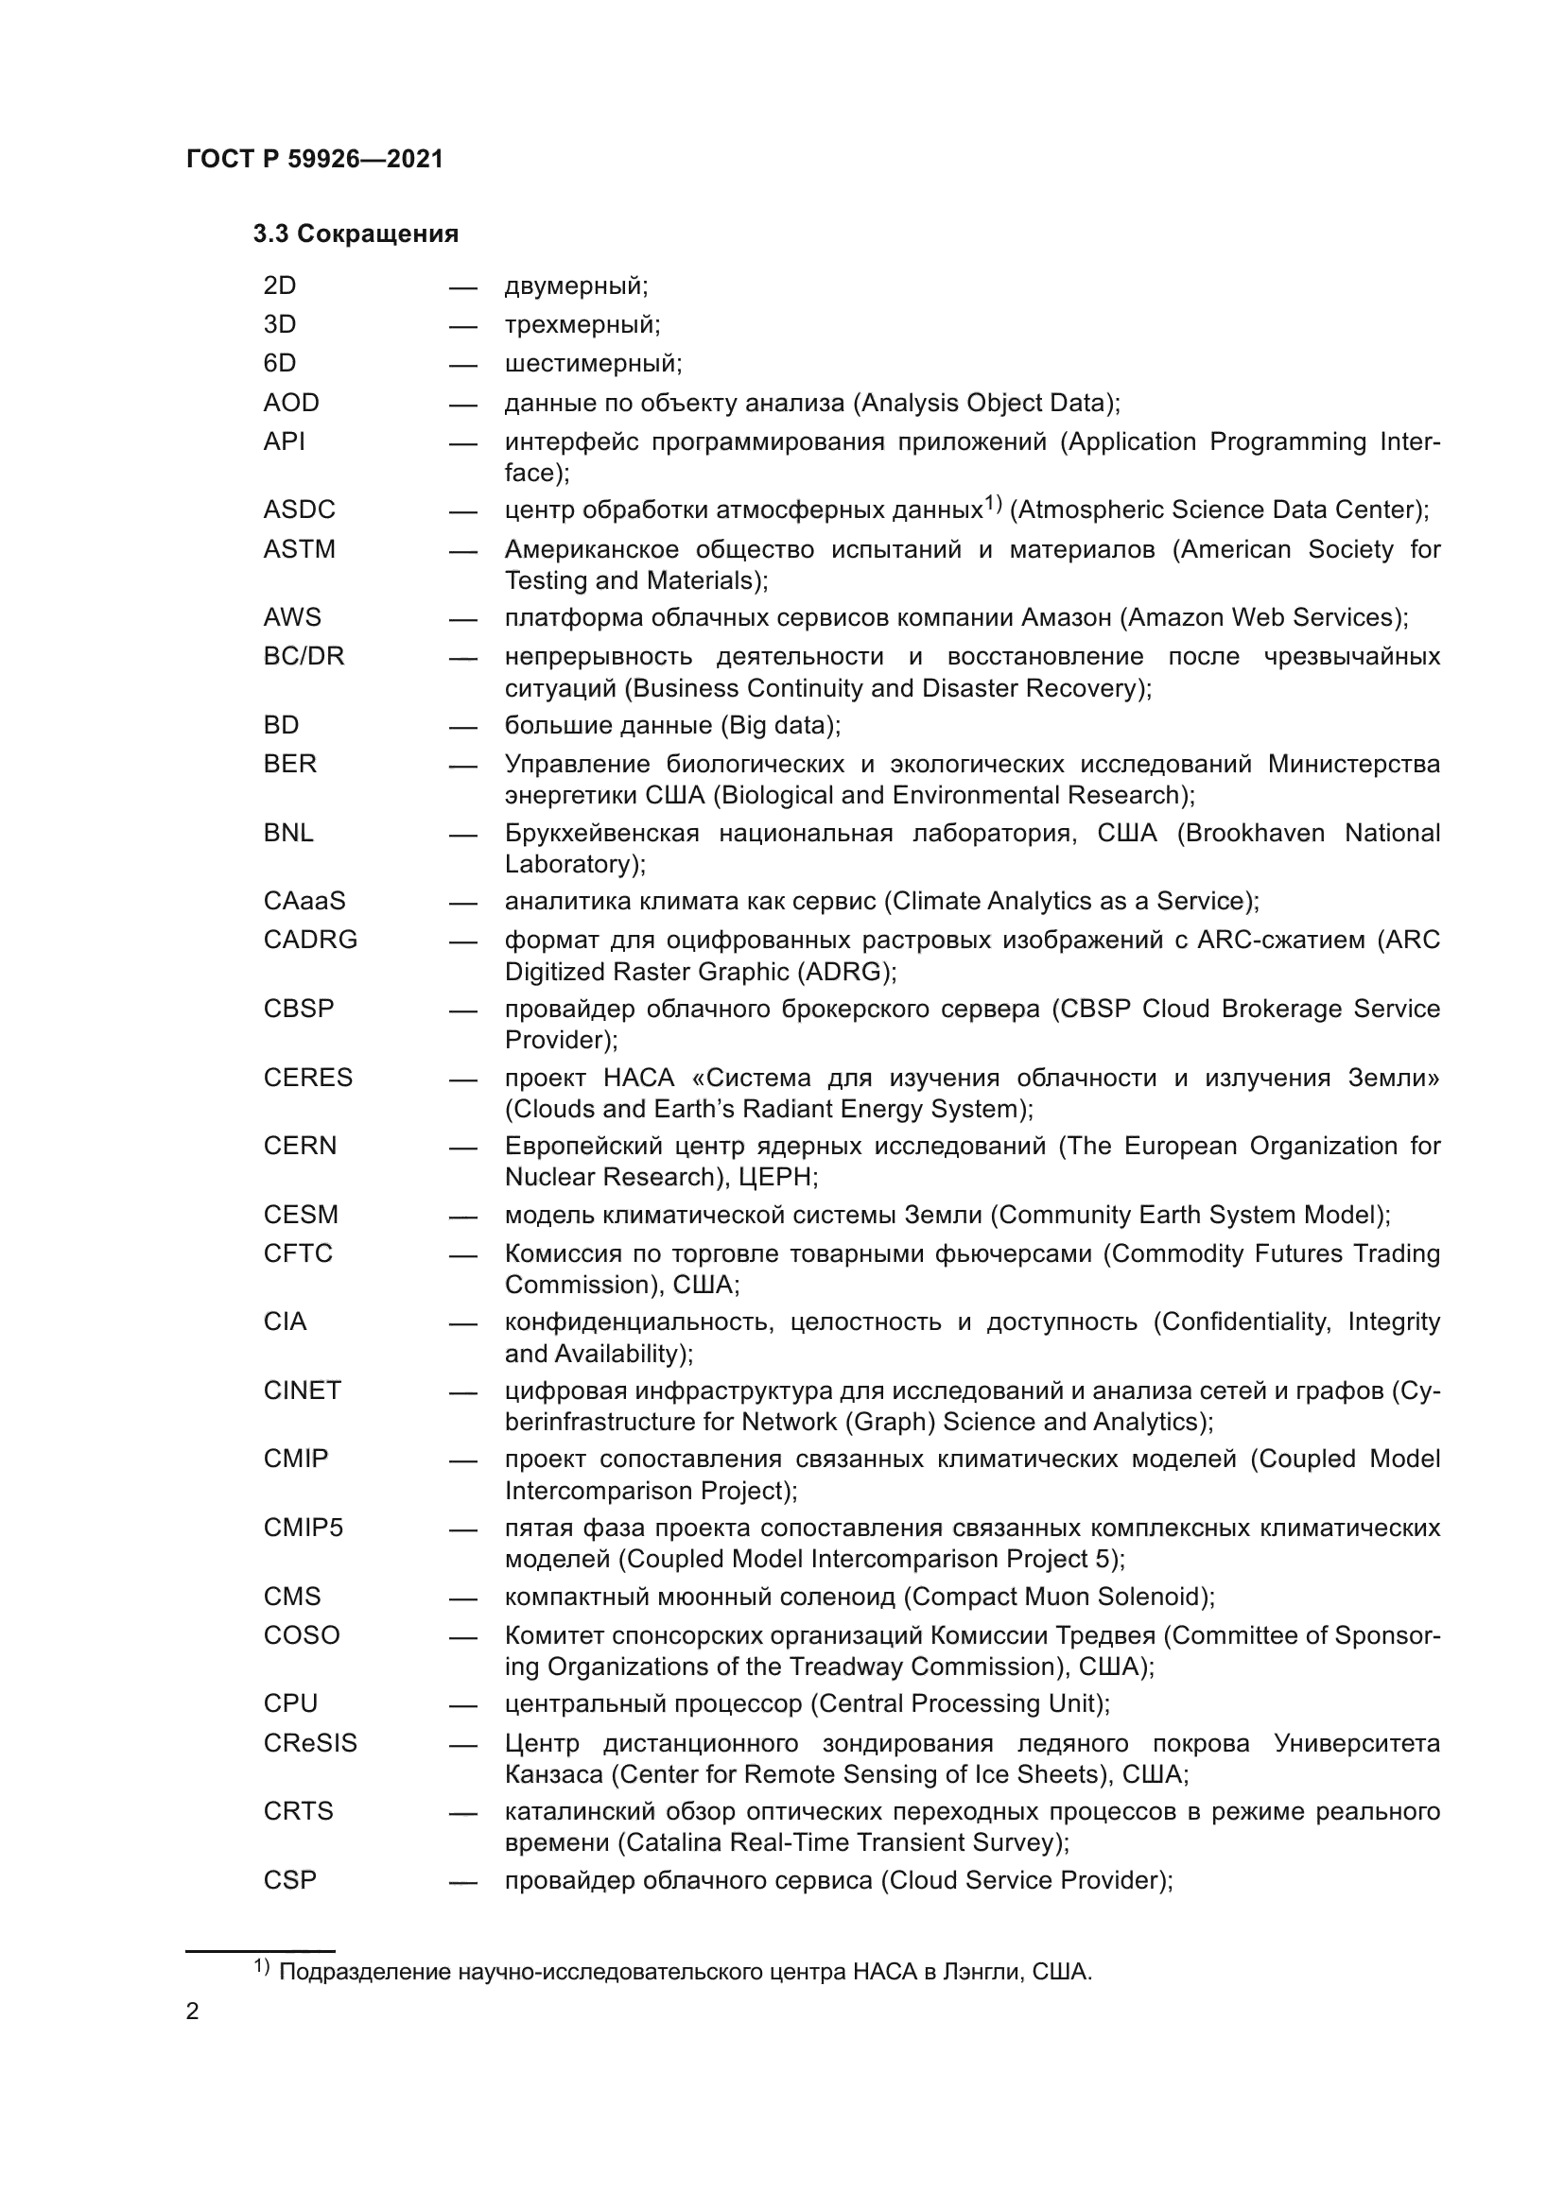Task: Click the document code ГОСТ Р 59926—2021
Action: pyautogui.click(x=315, y=159)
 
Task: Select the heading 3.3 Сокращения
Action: pyautogui.click(x=356, y=234)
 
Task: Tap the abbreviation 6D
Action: pyautogui.click(x=279, y=363)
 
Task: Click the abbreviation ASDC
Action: pyautogui.click(x=300, y=510)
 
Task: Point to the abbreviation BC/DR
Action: pyautogui.click(x=304, y=656)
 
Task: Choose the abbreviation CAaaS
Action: pyautogui.click(x=304, y=901)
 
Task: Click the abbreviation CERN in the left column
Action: pyautogui.click(x=300, y=1146)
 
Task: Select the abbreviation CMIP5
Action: pyautogui.click(x=304, y=1528)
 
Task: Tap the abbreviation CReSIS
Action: pyautogui.click(x=310, y=1743)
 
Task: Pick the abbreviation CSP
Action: pyautogui.click(x=290, y=1880)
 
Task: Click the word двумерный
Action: pyautogui.click(x=576, y=286)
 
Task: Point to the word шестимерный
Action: pyautogui.click(x=592, y=364)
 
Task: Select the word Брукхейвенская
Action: pyautogui.click(x=602, y=833)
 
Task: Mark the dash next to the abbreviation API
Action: pyautogui.click(x=462, y=444)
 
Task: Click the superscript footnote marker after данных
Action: pyautogui.click(x=993, y=503)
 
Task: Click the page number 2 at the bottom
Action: pyautogui.click(x=193, y=2012)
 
